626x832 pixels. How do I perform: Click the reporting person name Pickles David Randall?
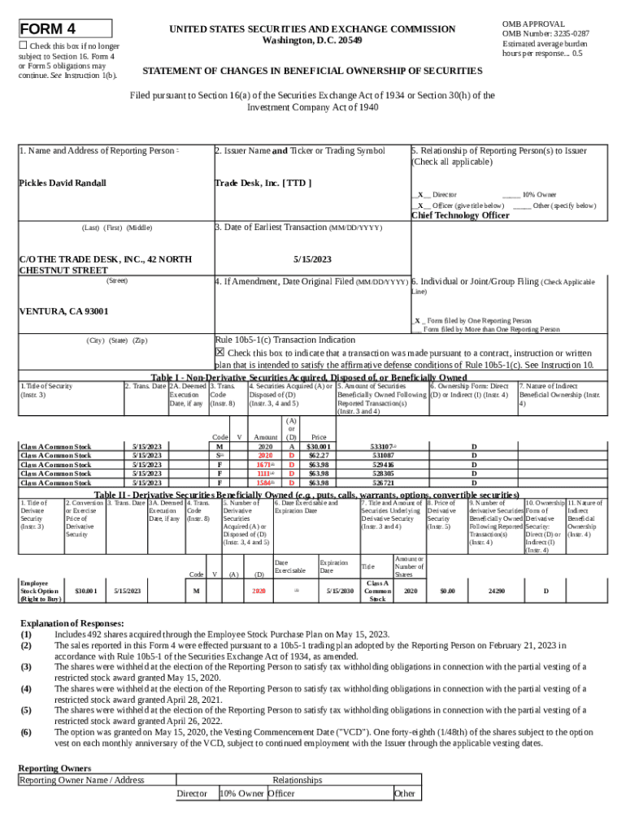click(x=63, y=183)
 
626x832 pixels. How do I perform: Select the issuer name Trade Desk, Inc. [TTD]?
click(x=263, y=183)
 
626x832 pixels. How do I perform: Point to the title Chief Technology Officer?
click(x=460, y=215)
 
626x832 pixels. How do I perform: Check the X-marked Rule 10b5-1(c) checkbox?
click(x=220, y=352)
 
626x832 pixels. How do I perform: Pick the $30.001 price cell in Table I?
click(x=318, y=447)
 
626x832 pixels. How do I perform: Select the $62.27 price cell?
click(x=318, y=456)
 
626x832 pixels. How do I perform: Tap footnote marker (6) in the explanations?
click(x=27, y=732)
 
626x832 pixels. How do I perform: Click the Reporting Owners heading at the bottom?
click(x=54, y=768)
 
